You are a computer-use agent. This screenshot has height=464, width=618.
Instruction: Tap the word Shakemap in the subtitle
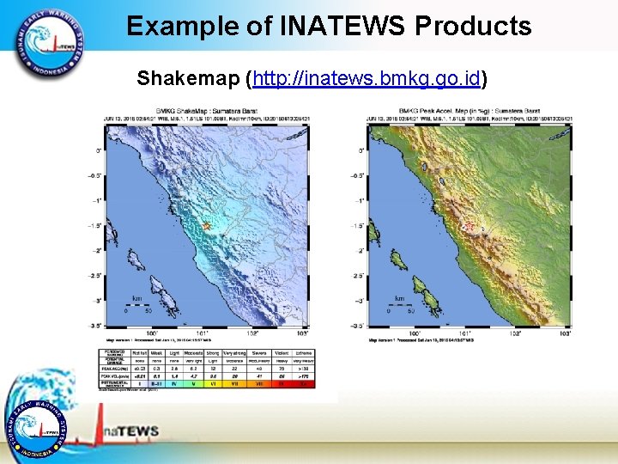click(x=187, y=79)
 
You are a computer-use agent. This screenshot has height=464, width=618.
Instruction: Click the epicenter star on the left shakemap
click(x=206, y=226)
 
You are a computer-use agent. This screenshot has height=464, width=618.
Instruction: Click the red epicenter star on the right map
click(x=469, y=228)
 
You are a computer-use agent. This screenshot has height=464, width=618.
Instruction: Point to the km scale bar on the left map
click(x=137, y=306)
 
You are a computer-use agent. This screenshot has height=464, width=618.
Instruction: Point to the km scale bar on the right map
click(x=400, y=306)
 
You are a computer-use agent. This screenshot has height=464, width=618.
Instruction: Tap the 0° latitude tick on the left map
click(x=98, y=150)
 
